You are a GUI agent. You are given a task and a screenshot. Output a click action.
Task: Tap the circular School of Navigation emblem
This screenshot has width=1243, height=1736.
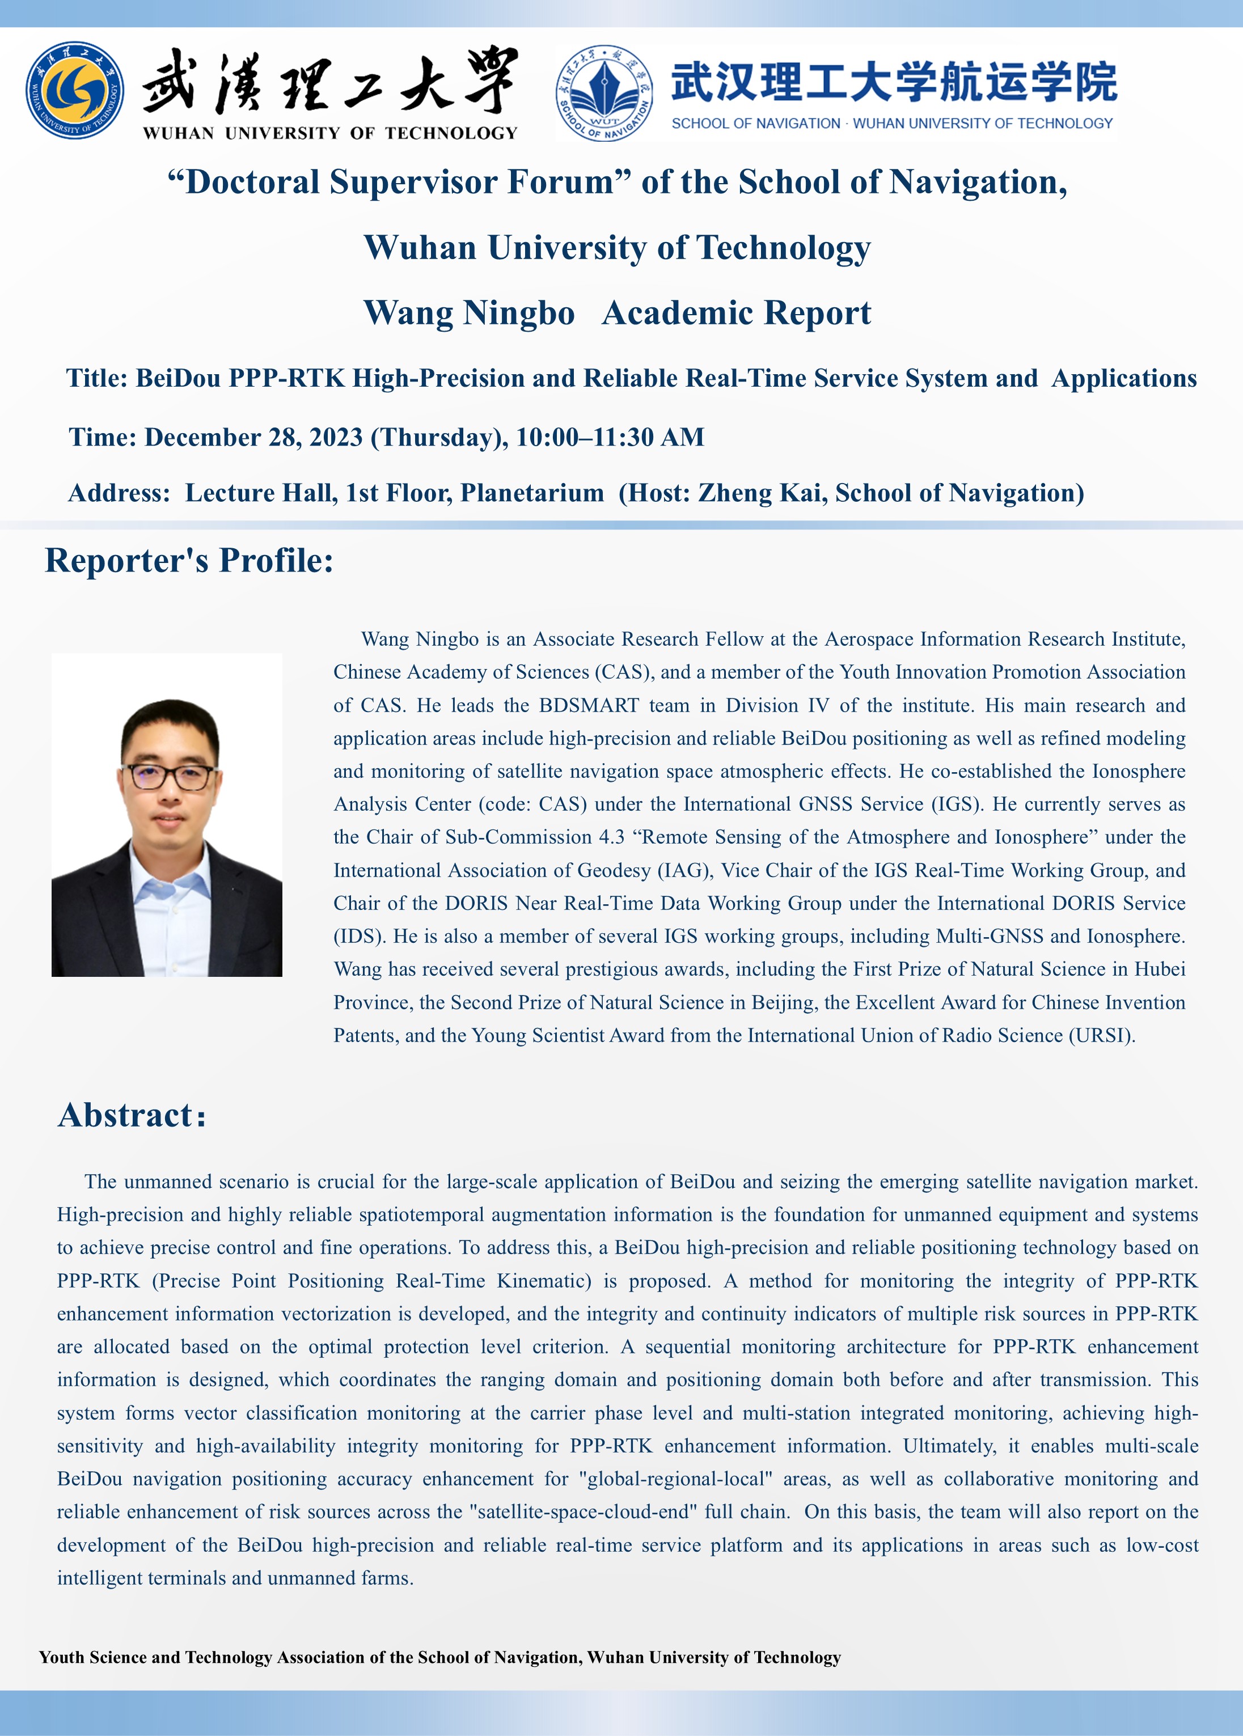click(604, 92)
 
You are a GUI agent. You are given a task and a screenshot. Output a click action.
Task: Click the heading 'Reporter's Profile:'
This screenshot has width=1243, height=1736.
click(189, 561)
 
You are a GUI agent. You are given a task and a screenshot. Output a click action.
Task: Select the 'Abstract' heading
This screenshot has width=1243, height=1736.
click(126, 1116)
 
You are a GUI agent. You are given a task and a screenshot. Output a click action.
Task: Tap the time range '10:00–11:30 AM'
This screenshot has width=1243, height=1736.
click(610, 438)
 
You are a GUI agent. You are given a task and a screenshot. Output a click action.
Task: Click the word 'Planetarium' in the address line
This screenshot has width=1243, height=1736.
click(532, 493)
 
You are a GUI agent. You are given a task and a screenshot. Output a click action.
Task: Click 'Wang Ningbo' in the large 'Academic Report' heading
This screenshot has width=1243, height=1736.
click(468, 313)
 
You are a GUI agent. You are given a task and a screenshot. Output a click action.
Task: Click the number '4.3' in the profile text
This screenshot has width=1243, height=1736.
click(611, 837)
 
